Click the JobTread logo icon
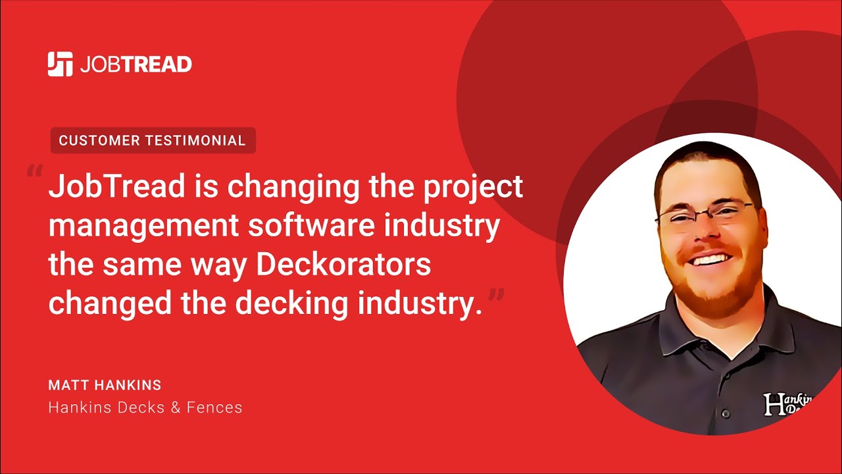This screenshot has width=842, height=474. point(60,64)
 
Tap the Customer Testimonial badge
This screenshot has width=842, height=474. point(153,140)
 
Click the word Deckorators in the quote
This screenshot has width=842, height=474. point(343,265)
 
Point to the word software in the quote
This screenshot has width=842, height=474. point(320,226)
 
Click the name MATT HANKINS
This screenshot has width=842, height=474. point(105,385)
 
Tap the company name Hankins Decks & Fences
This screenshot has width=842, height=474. point(145,408)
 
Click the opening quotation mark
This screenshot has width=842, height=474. point(34,173)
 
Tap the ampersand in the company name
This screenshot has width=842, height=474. point(175,408)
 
